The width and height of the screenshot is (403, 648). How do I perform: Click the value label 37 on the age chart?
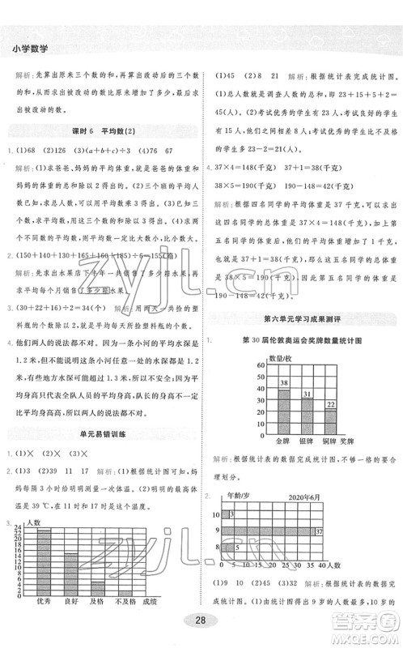(319, 531)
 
